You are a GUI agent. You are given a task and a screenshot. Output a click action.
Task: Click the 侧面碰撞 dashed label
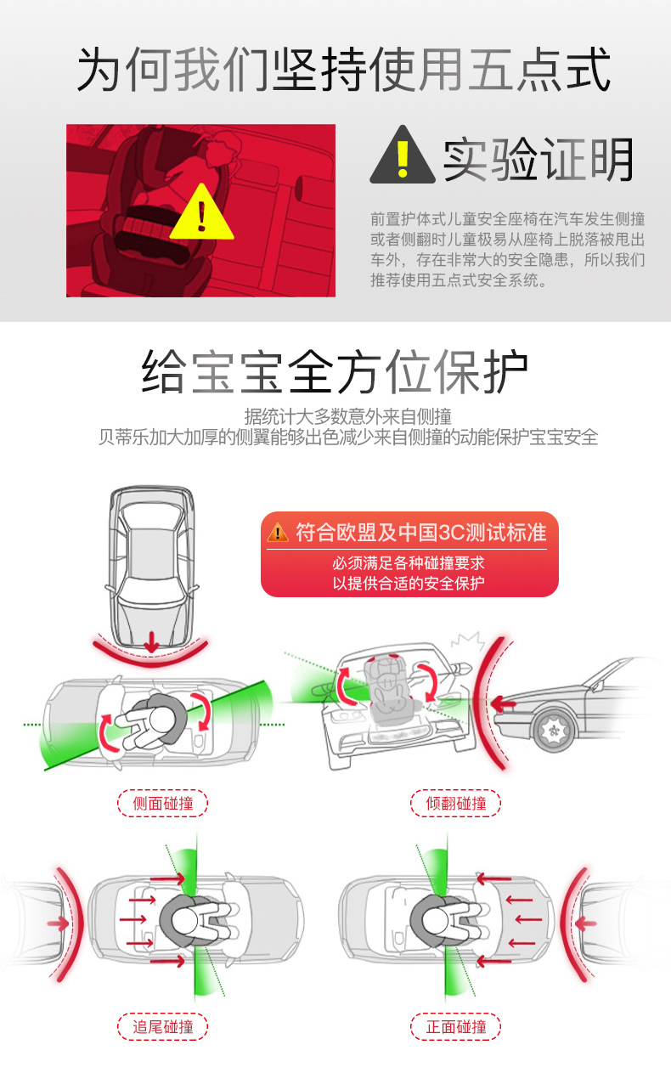pos(162,804)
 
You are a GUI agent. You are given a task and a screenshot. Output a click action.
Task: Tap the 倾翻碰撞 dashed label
pos(455,804)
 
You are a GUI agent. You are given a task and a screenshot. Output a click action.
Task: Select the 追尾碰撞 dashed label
pos(162,1026)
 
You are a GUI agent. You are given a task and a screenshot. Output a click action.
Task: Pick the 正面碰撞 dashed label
pos(455,1026)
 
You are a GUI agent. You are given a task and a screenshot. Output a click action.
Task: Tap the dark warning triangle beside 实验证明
pos(403,155)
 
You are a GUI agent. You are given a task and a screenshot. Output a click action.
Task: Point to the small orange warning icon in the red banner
pos(278,532)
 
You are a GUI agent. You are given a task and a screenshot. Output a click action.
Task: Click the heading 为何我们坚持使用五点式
pos(343,70)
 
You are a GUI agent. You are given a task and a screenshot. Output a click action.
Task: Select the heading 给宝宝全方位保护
pos(335,372)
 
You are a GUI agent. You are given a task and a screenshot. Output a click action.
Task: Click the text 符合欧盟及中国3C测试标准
pos(420,532)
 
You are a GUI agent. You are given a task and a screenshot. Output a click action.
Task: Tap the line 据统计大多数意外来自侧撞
pos(347,416)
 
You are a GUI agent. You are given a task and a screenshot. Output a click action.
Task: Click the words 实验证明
pos(538,160)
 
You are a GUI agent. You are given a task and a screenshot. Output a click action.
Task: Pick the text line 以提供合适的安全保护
pos(409,583)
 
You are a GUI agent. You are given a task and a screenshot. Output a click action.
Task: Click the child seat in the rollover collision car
pos(389,690)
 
